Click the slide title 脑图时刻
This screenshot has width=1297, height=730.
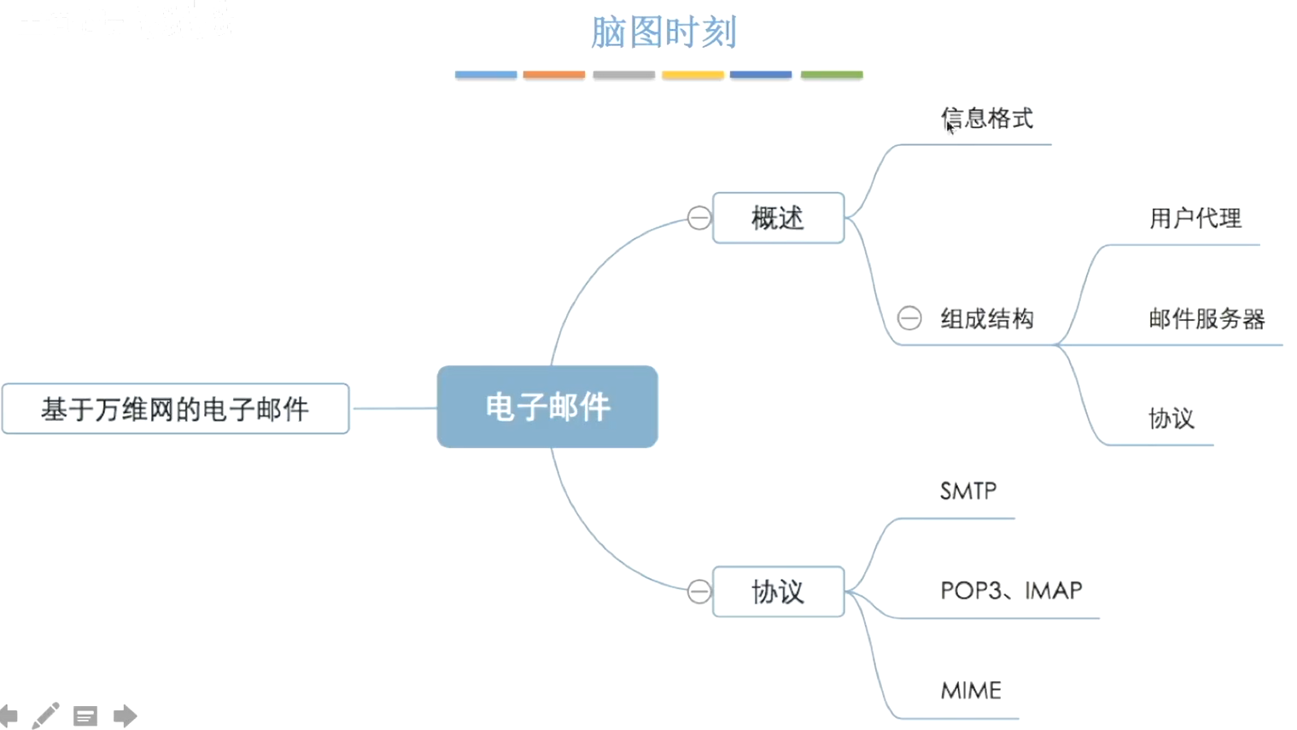[x=663, y=33]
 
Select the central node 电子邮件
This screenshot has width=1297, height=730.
[x=547, y=407]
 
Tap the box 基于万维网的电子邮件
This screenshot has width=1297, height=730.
[x=175, y=409]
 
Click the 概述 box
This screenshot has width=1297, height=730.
[x=778, y=219]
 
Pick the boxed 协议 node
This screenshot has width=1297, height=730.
[x=778, y=592]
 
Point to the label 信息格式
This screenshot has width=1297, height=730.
[x=987, y=119]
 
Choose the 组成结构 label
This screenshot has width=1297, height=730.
[x=987, y=319]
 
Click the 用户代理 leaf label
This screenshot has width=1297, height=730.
[x=1195, y=219]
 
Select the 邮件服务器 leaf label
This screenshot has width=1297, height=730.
[x=1206, y=319]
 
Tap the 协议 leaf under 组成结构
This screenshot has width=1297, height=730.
[x=1171, y=418]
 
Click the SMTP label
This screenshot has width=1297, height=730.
[x=968, y=491]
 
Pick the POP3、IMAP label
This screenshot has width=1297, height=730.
[x=1011, y=591]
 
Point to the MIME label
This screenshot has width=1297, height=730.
[x=971, y=691]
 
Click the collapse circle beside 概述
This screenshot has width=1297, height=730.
[x=699, y=219]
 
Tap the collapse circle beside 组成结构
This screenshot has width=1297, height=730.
[x=909, y=318]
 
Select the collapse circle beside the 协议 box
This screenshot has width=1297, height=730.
[x=699, y=592]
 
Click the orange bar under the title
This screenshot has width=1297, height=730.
[x=554, y=75]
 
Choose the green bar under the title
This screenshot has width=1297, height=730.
[x=832, y=75]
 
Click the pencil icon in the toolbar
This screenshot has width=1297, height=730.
[x=46, y=715]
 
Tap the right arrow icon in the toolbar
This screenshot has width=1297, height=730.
[x=125, y=715]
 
